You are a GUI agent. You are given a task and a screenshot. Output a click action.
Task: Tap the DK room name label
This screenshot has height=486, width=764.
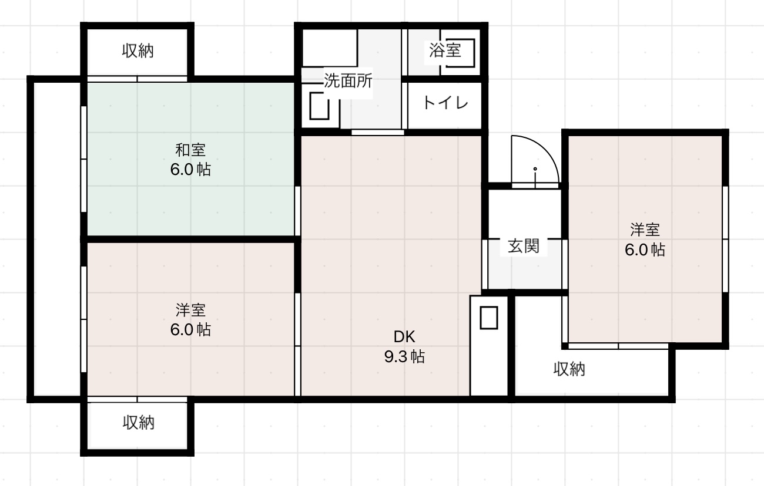404,337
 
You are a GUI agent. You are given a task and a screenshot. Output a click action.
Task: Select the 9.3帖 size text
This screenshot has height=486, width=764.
404,357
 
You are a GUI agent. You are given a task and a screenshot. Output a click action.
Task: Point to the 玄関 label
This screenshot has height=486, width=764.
523,246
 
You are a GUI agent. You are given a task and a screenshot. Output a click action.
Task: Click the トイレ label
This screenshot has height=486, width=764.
445,103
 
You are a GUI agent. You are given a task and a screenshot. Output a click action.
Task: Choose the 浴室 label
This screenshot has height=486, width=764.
445,50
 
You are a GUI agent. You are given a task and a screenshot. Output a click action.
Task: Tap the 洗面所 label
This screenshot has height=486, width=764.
348,81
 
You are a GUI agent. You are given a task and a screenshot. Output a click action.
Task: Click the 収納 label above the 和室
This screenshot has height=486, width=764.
138,51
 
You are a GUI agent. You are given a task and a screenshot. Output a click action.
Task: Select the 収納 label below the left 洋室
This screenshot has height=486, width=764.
138,422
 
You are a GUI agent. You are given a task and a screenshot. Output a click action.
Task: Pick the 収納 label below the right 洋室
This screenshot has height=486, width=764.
569,369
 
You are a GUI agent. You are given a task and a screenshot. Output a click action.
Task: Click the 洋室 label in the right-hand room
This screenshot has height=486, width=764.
645,230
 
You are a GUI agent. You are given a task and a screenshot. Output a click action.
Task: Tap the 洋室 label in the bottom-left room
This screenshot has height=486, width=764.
190,309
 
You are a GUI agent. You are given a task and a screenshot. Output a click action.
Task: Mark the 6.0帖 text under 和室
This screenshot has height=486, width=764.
190,170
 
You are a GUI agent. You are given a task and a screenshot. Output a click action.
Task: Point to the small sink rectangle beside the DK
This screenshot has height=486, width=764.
489,318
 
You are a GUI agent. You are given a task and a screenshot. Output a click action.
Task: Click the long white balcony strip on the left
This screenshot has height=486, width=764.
56,239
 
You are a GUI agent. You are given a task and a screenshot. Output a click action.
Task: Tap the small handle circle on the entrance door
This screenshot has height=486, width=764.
535,169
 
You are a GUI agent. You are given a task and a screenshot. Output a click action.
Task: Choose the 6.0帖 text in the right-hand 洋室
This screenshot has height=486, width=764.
645,250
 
